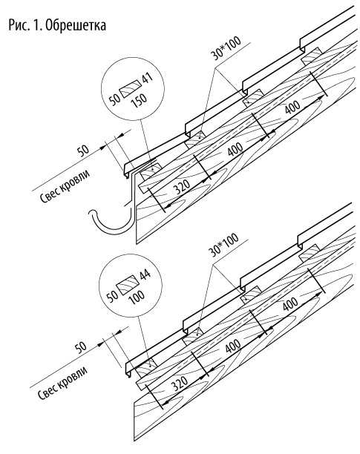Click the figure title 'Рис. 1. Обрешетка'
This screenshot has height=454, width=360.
tap(57, 25)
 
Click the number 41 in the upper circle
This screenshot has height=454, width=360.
tap(148, 78)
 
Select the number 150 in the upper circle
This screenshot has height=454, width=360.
tap(139, 100)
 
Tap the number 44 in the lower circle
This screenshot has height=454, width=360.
tap(145, 274)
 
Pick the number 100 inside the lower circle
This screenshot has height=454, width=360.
tap(137, 297)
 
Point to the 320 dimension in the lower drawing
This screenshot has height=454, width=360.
tap(180, 384)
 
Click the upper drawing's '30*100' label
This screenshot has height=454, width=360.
tap(226, 48)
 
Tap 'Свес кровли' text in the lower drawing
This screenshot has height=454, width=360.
tap(62, 383)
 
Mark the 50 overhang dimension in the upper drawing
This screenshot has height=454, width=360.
tap(83, 151)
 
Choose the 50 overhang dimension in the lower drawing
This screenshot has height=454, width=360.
tap(80, 347)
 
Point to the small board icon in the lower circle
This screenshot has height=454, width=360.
tap(128, 284)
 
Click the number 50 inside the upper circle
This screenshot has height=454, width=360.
tap(115, 99)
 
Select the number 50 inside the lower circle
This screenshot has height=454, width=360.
tap(112, 296)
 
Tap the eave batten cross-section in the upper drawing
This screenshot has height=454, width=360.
tap(151, 171)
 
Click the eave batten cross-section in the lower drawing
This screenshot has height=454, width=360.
tap(148, 366)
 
